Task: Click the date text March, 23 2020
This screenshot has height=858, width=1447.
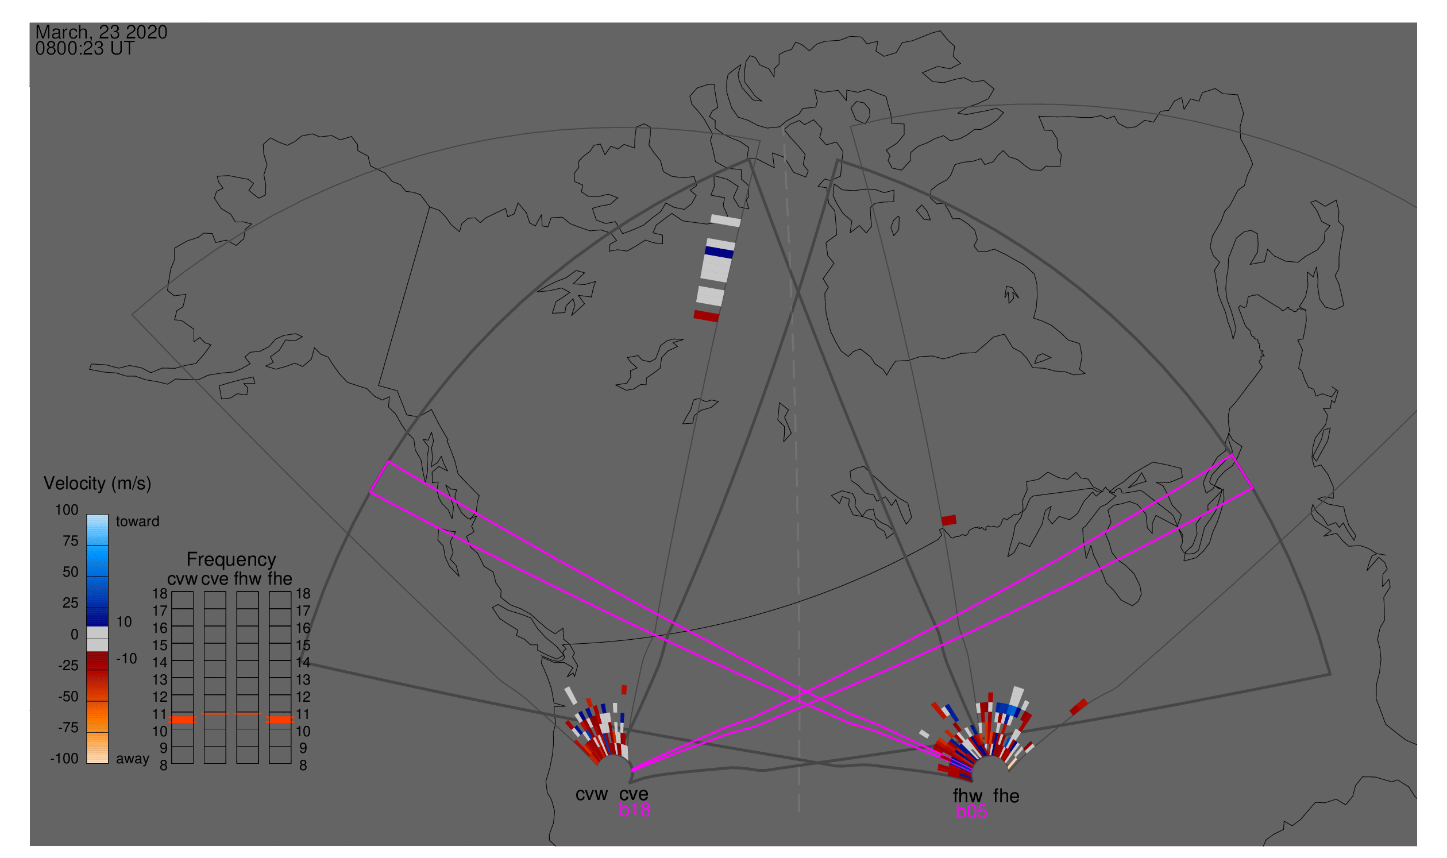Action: coord(101,32)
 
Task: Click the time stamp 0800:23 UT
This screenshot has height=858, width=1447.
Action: coord(84,49)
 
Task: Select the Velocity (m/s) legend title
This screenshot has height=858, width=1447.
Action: coord(98,484)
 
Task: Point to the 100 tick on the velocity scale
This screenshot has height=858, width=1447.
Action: coord(67,510)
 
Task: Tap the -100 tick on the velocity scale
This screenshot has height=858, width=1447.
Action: coord(64,759)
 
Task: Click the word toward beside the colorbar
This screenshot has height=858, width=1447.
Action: coord(138,521)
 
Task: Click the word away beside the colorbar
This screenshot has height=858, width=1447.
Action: coord(133,759)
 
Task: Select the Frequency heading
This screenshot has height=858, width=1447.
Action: coord(231,560)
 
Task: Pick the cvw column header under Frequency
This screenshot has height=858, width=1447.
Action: coord(182,579)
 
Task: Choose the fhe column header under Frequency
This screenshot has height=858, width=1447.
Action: coord(280,579)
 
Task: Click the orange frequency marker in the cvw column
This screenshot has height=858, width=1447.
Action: coord(183,720)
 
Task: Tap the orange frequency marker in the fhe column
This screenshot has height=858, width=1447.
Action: coord(280,720)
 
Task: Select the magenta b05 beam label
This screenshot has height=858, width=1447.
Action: coord(971,812)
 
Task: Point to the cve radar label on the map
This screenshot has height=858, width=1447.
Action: coord(634,794)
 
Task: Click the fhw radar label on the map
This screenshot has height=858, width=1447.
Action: coord(967,796)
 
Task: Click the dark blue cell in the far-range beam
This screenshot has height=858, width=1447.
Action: coord(719,253)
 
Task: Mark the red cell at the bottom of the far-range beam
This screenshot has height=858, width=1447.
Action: coord(707,316)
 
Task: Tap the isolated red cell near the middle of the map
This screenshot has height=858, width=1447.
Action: coord(949,520)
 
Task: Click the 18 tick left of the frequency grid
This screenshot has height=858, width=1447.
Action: coord(160,594)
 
